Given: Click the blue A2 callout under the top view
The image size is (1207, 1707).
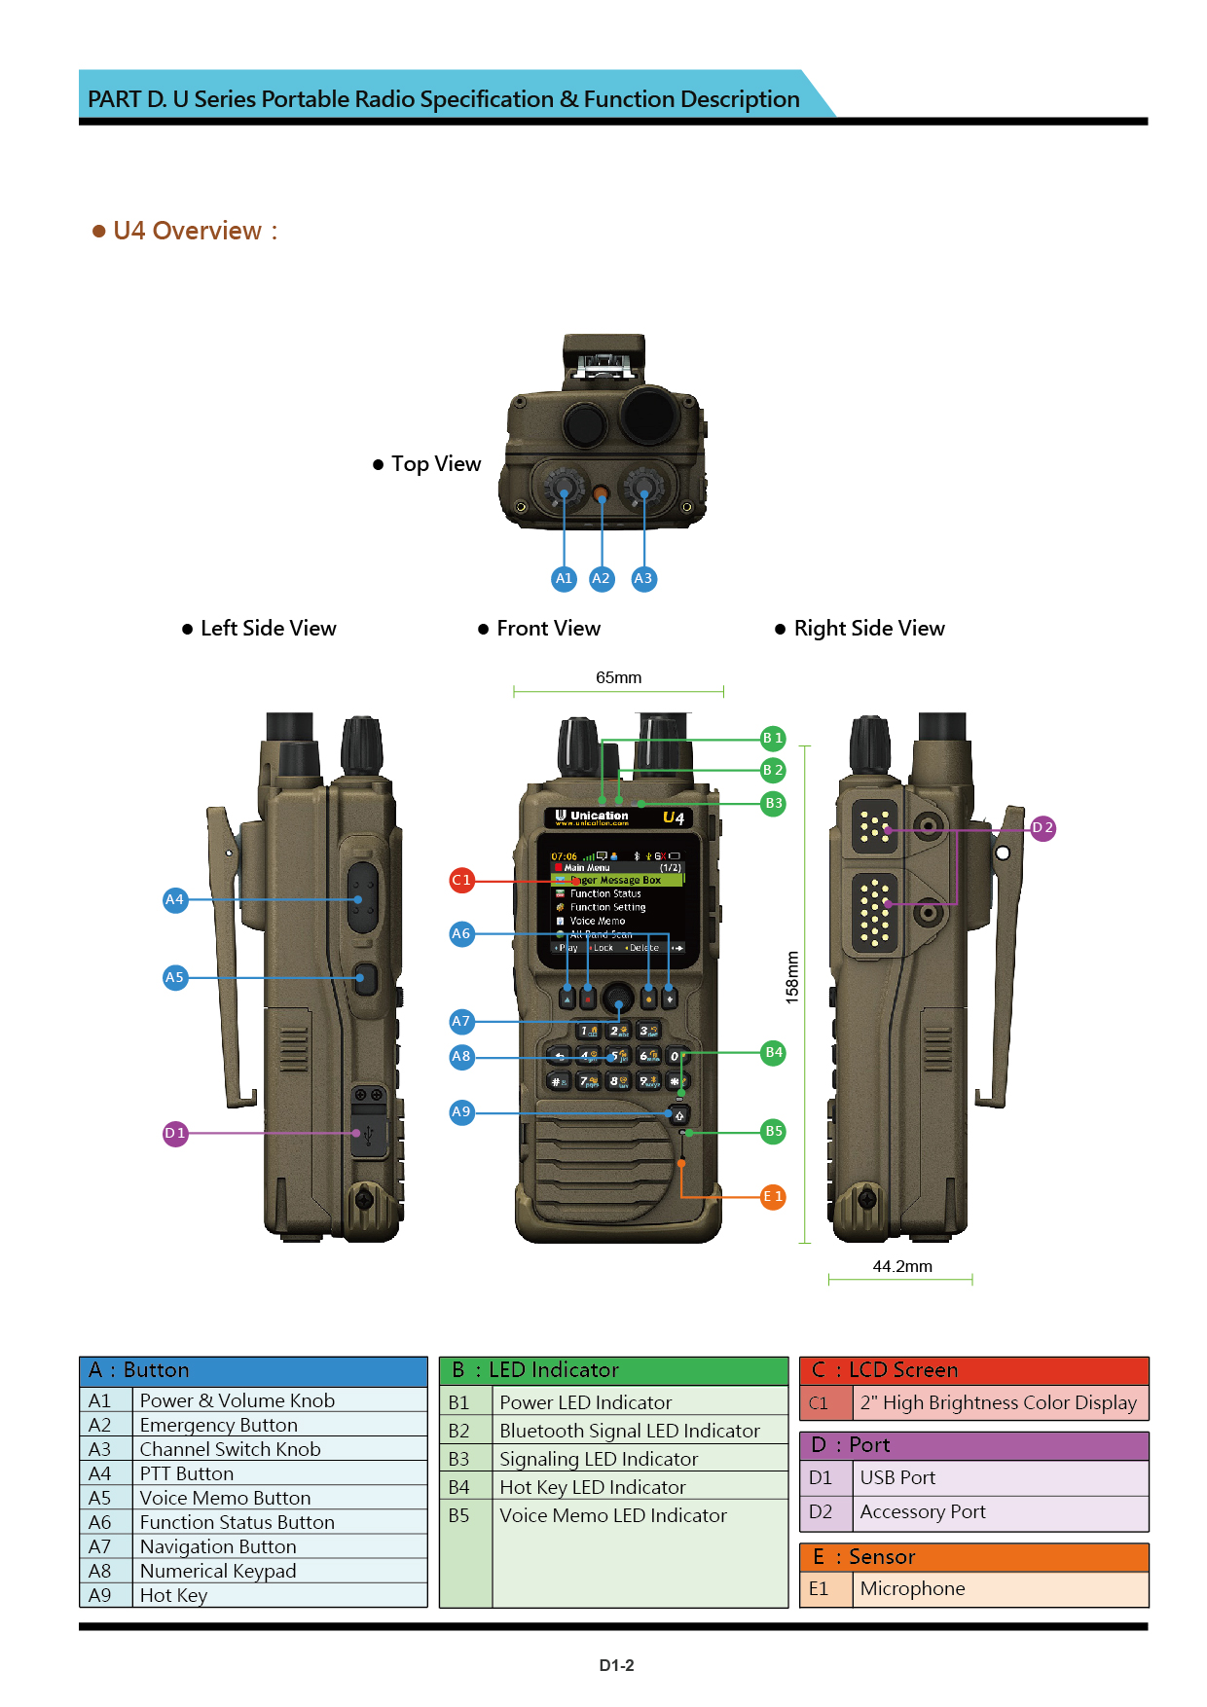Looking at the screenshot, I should [602, 579].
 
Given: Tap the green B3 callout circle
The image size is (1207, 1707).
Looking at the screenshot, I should [773, 804].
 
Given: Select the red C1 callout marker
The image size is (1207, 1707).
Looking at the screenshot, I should [461, 881].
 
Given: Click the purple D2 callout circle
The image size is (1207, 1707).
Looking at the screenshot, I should [1042, 828].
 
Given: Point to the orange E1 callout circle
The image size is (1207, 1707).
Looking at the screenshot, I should [773, 1197].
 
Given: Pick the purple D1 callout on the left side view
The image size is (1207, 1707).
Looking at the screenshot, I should [175, 1134].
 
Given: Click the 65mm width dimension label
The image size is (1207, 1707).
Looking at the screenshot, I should [618, 677].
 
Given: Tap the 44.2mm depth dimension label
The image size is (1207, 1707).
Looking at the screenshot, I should [902, 1266].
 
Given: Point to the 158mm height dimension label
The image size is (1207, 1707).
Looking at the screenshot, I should [792, 977].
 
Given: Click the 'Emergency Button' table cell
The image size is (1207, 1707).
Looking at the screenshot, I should [219, 1425].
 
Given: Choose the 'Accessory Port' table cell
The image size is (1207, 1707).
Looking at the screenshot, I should [922, 1511].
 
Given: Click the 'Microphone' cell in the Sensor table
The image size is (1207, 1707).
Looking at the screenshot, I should [912, 1588].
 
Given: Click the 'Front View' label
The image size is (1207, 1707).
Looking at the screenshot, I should [548, 629].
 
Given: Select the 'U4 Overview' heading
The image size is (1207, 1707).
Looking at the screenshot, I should [187, 231].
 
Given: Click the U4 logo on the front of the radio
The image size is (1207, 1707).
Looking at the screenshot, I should [674, 817].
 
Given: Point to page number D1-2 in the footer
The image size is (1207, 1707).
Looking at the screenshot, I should [616, 1665].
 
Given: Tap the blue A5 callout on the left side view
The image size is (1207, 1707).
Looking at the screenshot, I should [175, 977].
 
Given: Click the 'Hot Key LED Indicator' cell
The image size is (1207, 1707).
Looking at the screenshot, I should [592, 1487].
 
